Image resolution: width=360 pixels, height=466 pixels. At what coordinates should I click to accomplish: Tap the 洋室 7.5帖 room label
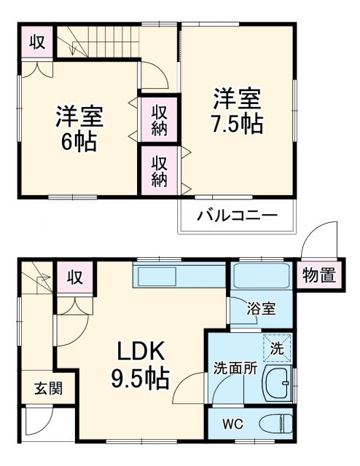pos(237,110)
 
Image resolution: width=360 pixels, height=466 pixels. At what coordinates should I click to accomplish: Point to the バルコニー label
pos(237,216)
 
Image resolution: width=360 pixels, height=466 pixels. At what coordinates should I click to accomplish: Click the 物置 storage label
pos(318,275)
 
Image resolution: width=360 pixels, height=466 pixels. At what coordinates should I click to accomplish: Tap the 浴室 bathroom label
pos(260,308)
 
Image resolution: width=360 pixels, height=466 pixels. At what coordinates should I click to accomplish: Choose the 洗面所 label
pos(235,368)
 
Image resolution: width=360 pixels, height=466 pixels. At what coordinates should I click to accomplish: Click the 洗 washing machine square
pos(276,348)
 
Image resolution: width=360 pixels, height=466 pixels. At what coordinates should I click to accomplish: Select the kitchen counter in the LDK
pos(179,277)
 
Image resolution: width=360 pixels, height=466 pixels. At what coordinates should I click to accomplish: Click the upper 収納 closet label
pos(160,120)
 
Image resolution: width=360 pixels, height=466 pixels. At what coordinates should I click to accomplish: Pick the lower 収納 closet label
pos(160,171)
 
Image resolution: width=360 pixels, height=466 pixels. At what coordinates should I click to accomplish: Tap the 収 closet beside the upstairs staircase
pos(36,42)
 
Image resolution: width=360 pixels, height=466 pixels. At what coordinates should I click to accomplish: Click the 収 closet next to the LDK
pos(74,277)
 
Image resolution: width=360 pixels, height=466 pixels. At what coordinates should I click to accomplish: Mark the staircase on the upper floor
pos(95,42)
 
